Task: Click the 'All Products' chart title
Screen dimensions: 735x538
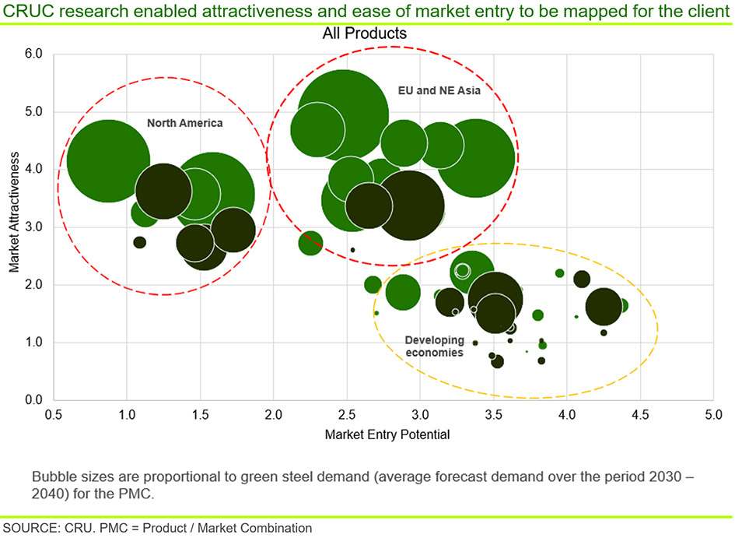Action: click(365, 33)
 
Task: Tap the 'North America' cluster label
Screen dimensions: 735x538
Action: click(184, 123)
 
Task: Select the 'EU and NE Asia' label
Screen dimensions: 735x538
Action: click(439, 90)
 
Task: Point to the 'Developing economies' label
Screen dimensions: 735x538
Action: click(435, 346)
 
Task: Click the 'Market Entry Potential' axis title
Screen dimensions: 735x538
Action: click(387, 434)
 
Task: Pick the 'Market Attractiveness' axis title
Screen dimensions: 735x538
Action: click(14, 212)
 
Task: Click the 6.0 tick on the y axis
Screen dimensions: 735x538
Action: click(33, 54)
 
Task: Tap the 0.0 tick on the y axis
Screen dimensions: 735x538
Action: click(33, 399)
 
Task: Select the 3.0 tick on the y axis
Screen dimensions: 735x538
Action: click(33, 227)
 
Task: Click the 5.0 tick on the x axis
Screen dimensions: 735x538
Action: click(713, 415)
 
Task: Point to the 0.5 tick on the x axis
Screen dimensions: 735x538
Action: click(54, 415)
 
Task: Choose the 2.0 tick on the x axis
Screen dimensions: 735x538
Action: click(273, 415)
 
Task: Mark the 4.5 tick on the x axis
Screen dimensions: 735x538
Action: click(640, 415)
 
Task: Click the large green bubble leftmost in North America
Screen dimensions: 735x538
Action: click(108, 161)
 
